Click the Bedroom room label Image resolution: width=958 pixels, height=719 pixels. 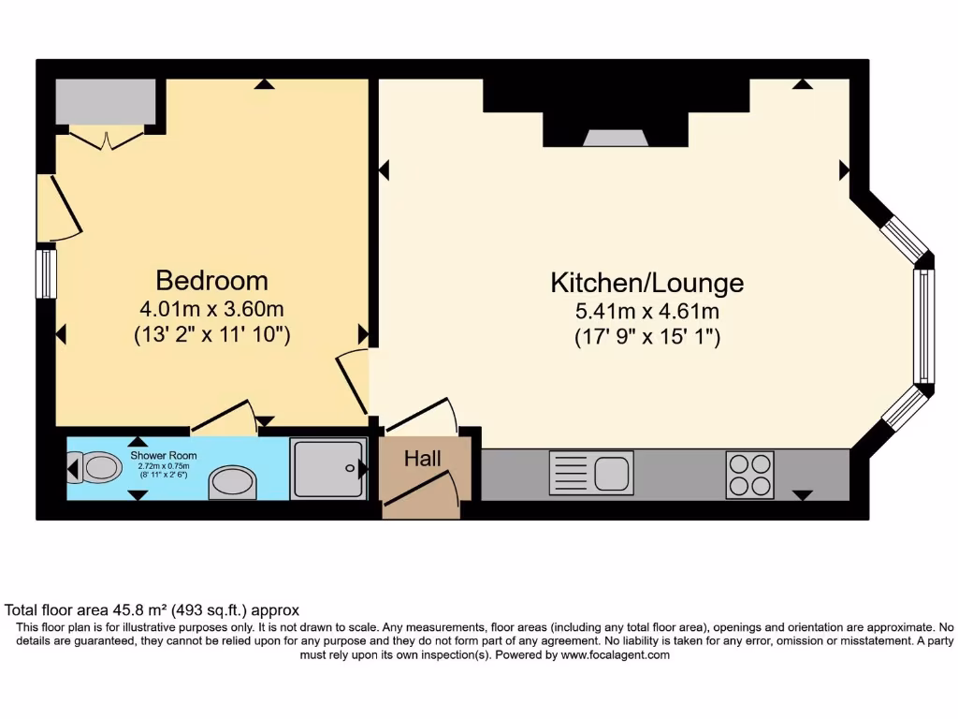click(x=211, y=280)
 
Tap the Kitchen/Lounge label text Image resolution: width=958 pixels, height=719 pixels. click(x=646, y=282)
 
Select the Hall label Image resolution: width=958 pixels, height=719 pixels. click(x=422, y=459)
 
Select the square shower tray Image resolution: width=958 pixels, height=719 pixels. click(x=327, y=468)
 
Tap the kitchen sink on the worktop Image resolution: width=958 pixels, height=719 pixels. click(x=592, y=472)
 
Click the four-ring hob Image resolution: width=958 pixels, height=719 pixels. click(x=749, y=475)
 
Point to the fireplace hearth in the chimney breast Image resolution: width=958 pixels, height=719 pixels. click(x=617, y=139)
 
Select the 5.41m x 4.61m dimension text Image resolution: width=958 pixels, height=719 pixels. click(x=646, y=312)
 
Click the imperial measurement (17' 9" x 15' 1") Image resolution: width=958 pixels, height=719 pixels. click(x=646, y=338)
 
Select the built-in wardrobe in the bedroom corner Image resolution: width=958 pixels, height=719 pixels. click(x=105, y=102)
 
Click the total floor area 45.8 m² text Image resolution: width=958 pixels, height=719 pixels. click(x=152, y=609)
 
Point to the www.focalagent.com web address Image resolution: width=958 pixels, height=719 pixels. click(x=615, y=655)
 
